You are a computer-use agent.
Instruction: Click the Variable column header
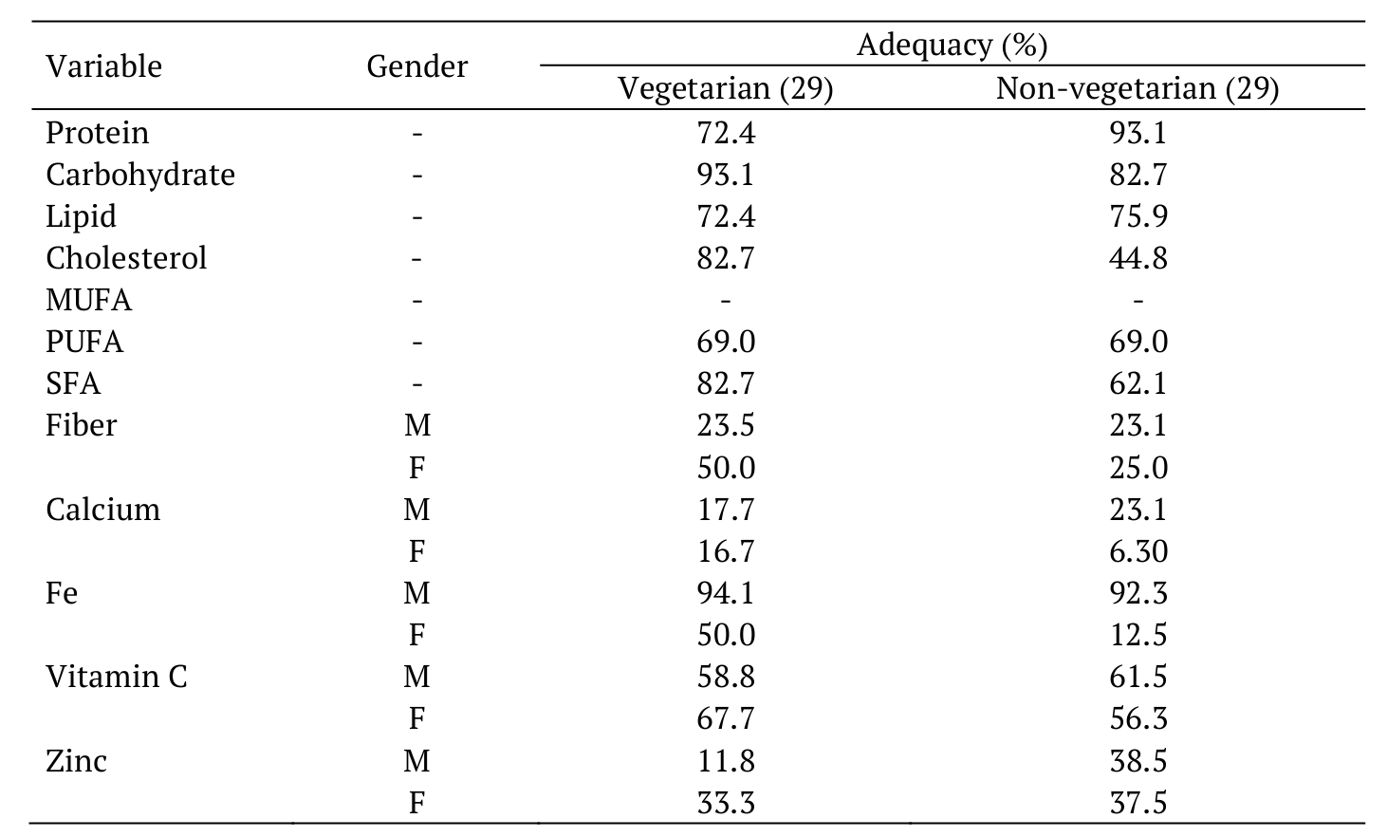coord(103,66)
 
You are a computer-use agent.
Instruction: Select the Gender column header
coord(416,66)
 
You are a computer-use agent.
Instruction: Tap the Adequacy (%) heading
coord(951,45)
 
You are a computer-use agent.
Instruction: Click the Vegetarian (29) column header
coord(725,88)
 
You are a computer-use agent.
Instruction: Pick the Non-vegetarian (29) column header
coord(1137,88)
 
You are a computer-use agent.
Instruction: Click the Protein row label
coord(97,133)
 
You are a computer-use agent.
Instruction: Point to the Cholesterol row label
coord(125,258)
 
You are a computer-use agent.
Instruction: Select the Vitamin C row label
coord(116,677)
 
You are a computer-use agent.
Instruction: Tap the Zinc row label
coord(76,761)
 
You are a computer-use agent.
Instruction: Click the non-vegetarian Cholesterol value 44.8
coord(1137,258)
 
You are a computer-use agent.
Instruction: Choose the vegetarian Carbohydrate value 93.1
coord(725,175)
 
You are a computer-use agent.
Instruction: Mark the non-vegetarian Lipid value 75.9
coord(1137,216)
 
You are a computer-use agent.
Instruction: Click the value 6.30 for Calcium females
coord(1137,551)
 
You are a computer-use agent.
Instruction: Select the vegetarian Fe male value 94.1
coord(725,593)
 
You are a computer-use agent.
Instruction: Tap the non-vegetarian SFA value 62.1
coord(1137,383)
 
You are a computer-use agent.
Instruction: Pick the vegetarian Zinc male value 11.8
coord(725,761)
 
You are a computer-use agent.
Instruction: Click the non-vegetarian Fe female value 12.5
coord(1137,635)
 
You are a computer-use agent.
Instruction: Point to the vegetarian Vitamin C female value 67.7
coord(725,718)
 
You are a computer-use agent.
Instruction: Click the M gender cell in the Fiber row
coord(416,426)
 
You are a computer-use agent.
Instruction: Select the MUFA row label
coord(88,300)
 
